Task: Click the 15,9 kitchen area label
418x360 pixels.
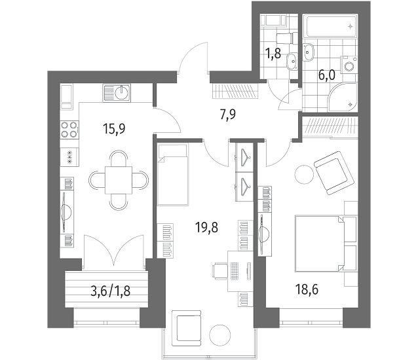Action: pos(114,129)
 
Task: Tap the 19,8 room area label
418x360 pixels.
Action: pos(206,228)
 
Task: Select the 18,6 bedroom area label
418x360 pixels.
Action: pos(307,289)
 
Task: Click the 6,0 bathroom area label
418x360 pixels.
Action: pos(327,75)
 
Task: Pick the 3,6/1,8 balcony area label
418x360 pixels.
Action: pos(110,291)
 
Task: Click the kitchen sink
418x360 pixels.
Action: pos(117,93)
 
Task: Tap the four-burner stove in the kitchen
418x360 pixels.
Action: pos(69,130)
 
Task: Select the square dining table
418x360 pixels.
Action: pos(119,180)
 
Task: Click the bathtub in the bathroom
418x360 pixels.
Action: pos(332,27)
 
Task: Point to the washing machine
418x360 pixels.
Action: pos(349,64)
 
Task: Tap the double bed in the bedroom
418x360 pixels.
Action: pos(326,243)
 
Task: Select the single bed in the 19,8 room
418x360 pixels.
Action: pos(173,174)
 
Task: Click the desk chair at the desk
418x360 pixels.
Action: pos(220,271)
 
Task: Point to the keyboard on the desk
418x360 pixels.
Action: pos(234,271)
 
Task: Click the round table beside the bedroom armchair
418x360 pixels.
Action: pos(304,174)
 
